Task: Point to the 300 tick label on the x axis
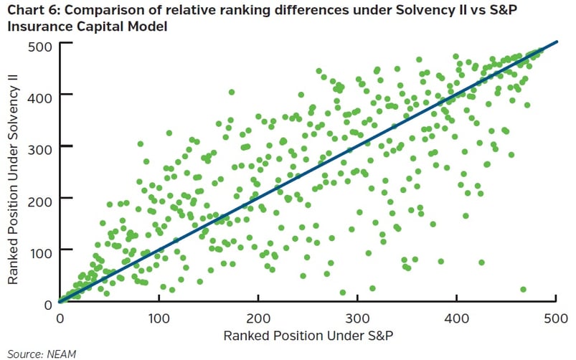[358, 318]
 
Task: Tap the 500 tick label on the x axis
[557, 318]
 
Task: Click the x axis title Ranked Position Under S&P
[308, 336]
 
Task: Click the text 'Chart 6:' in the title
[29, 11]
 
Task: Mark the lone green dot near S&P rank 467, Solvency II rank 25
[523, 289]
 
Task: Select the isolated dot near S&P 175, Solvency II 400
[232, 92]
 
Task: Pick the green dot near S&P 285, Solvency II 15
[343, 293]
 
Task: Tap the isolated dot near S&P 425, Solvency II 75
[481, 262]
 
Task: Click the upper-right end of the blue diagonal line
[556, 43]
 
